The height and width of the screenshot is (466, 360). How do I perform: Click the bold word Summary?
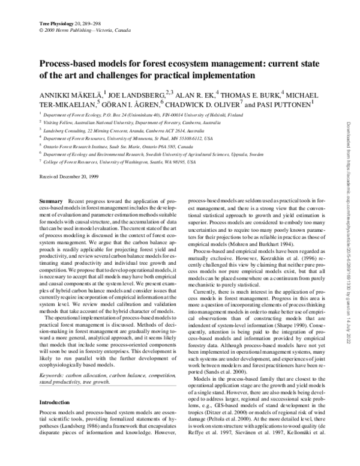click(x=50, y=198)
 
